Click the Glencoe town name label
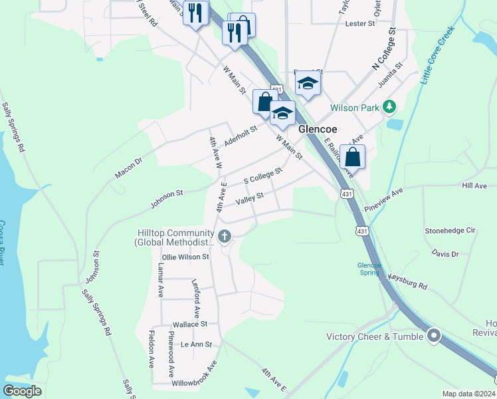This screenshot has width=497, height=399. point(318,128)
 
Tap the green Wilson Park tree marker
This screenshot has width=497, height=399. point(389,106)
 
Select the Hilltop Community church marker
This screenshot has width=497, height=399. point(225,235)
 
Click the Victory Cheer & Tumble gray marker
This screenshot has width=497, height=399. point(434,336)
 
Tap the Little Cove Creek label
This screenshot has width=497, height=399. point(437,55)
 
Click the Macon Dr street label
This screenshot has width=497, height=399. point(128,168)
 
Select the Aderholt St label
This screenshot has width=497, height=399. point(241,137)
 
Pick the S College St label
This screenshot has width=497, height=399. point(263,176)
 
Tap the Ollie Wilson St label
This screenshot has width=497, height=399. point(185,256)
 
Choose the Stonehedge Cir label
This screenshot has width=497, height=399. point(450,230)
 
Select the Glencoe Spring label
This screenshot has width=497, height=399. point(369,269)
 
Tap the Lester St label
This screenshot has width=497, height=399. point(361,23)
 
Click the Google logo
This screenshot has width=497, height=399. point(22,391)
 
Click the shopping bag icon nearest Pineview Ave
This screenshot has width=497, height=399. point(353,158)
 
